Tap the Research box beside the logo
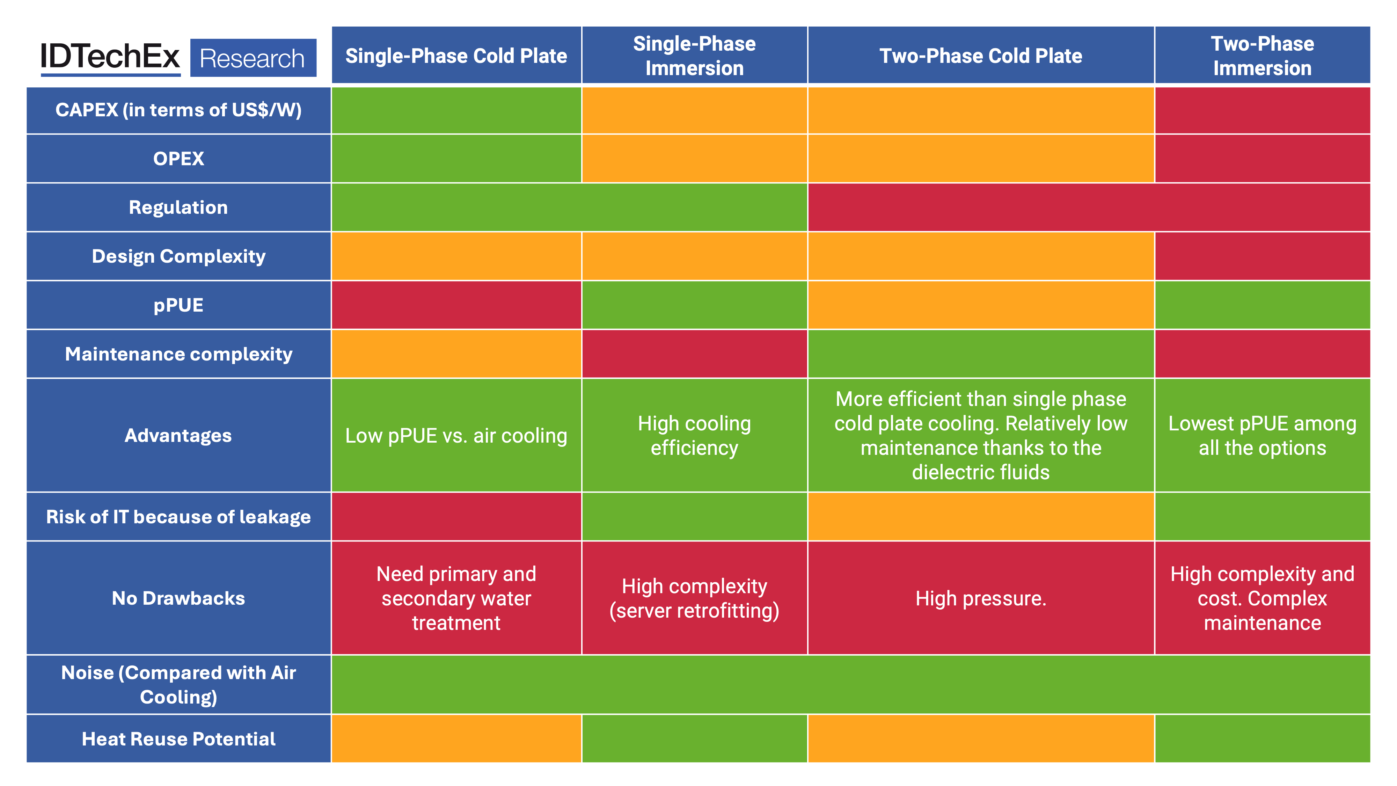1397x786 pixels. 253,58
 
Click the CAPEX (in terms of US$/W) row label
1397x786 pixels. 178,110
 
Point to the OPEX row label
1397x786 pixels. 178,158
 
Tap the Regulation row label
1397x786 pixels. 178,207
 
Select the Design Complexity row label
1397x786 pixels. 178,256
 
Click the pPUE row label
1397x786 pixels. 178,305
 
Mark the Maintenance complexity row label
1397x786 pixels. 178,354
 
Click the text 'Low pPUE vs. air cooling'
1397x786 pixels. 456,436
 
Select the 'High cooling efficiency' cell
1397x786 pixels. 694,436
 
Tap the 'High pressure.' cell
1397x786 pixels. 980,598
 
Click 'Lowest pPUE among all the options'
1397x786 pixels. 1262,436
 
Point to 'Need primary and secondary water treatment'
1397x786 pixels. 456,598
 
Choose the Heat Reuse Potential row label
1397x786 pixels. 178,739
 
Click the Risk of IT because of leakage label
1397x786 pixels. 178,517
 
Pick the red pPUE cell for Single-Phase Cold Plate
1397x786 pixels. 456,305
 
